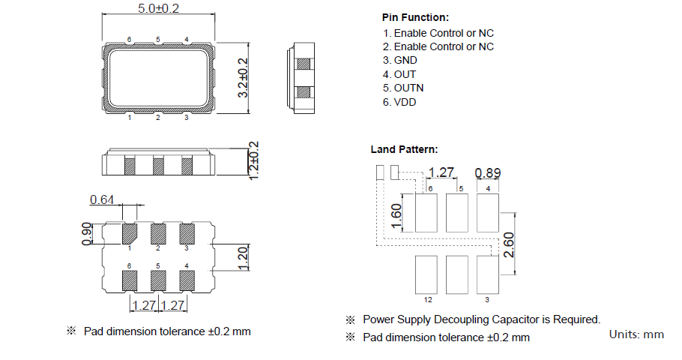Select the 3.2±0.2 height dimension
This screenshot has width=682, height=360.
pos(242,78)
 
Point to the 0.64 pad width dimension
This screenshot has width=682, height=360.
pos(102,199)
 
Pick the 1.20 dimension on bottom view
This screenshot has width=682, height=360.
pos(242,257)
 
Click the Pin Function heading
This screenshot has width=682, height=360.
pos(415,17)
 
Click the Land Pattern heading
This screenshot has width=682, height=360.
pos(405,150)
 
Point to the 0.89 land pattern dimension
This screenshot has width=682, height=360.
pos(488,173)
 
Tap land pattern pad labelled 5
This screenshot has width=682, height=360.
pos(457,212)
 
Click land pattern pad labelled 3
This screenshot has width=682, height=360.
pos(488,274)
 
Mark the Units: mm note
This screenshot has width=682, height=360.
pos(636,334)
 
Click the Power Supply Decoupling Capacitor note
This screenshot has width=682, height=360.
pos(481,319)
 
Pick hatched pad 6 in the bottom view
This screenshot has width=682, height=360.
pos(130,280)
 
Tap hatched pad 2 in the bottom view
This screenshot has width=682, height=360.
pos(158,233)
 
